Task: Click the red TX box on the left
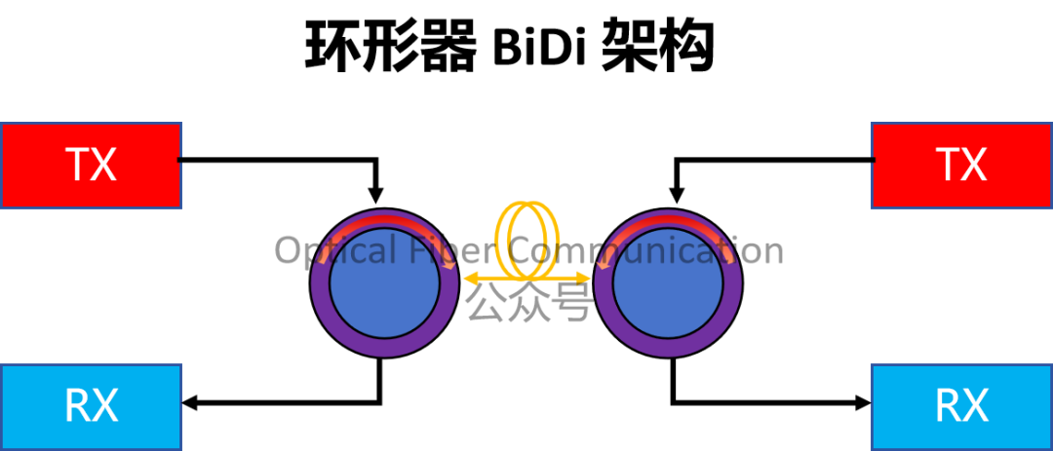point(91,165)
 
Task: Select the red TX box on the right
point(961,165)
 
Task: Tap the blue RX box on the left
point(91,406)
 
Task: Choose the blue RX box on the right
point(961,406)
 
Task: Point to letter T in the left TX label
point(77,166)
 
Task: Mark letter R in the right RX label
point(948,406)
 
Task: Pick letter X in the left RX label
point(105,406)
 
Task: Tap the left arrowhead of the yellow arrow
point(469,279)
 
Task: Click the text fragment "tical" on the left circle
point(357,251)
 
